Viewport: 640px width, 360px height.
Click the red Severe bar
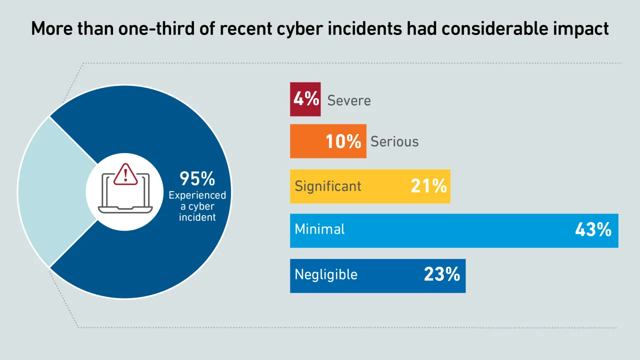point(305,99)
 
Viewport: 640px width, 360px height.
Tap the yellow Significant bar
point(370,186)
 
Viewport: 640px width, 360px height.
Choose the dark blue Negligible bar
point(377,275)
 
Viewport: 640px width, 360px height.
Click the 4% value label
point(306,99)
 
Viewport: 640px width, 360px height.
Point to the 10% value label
point(343,141)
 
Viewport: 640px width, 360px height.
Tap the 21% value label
point(428,186)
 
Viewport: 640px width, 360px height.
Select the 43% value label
point(593,230)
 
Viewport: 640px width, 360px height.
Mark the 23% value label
point(442,274)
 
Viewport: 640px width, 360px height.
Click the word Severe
point(349,100)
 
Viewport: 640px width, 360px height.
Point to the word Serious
point(394,142)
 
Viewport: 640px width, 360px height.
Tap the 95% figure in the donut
point(197,178)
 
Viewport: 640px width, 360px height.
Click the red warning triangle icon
point(125,174)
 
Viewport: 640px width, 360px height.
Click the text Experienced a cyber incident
point(197,206)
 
